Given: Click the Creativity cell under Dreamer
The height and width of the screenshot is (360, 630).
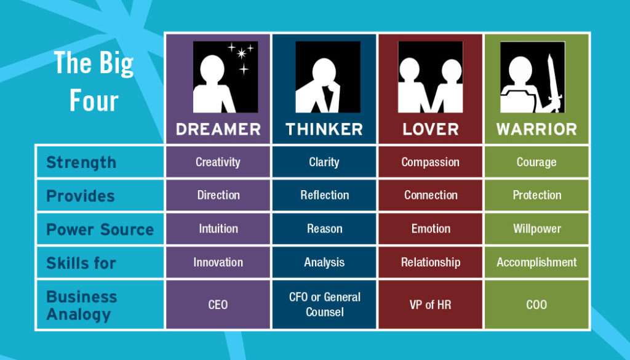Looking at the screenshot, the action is [x=218, y=162].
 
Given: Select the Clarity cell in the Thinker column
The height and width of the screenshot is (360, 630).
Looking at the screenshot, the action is [x=324, y=162].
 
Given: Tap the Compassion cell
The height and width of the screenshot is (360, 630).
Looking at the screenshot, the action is [x=430, y=162].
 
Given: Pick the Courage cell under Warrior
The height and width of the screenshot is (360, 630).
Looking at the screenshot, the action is [x=536, y=162].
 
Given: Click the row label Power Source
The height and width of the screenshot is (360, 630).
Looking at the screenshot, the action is [x=100, y=230].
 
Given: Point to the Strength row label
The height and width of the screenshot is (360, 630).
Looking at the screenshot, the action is [x=81, y=162].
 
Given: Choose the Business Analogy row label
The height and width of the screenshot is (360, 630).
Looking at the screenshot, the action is [x=82, y=305].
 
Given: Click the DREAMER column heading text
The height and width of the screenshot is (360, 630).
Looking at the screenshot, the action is [x=218, y=129].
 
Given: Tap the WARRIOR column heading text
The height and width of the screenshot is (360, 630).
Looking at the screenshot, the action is [x=536, y=129].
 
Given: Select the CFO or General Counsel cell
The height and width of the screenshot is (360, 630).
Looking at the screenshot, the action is [x=324, y=305].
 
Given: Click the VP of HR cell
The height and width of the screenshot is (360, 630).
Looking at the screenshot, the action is [x=430, y=305].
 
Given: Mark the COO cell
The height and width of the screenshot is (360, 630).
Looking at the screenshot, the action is [x=536, y=305].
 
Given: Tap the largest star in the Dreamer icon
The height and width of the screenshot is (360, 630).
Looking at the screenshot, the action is [x=241, y=54].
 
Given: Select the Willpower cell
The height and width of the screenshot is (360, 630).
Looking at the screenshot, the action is [x=536, y=229].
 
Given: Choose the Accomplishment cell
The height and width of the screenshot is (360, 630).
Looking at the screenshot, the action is [x=536, y=262].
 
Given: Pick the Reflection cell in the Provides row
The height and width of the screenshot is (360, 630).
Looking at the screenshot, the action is [x=324, y=195].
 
